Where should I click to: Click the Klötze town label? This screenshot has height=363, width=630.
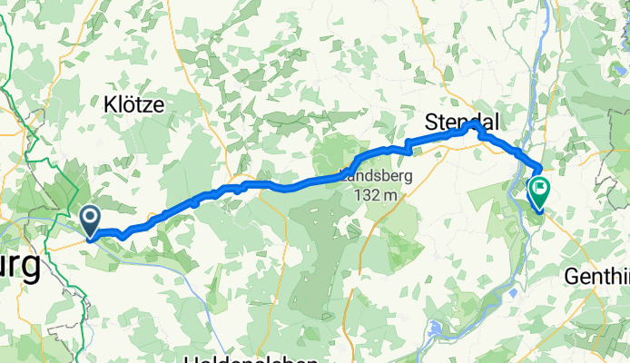pos(133,104)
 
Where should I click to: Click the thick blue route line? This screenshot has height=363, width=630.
pos(272,185)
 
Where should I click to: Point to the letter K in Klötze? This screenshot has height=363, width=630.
pos(110,104)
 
